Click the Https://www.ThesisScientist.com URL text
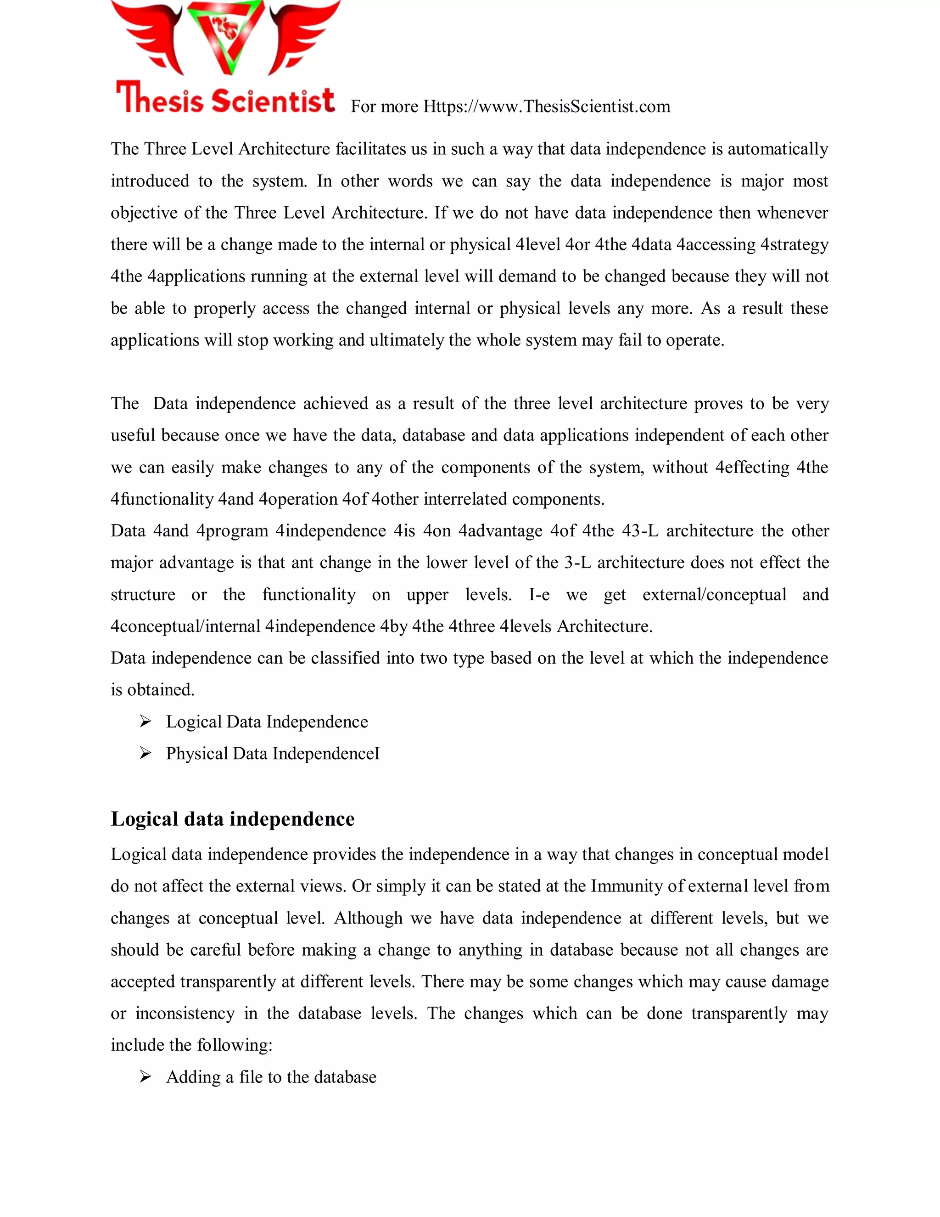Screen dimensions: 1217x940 tap(546, 107)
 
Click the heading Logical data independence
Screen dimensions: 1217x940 tap(232, 819)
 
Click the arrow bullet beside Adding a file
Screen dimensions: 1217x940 tap(145, 1077)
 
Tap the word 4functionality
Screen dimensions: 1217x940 tap(162, 499)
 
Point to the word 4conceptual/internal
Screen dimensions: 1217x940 tap(185, 626)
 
